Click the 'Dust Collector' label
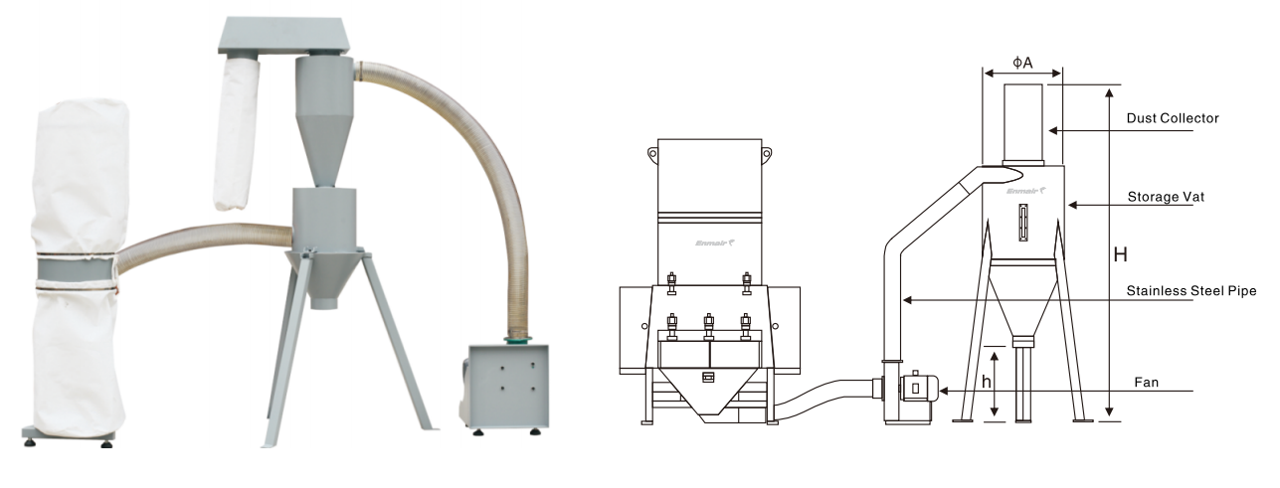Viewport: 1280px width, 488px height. point(1173,118)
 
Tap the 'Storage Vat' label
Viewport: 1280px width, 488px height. point(1166,197)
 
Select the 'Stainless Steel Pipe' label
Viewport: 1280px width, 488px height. point(1191,291)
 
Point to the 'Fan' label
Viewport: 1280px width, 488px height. point(1147,383)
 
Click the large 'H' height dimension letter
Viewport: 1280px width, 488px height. point(1121,254)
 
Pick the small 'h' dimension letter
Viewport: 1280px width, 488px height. point(987,382)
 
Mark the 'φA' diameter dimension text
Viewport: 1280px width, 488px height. point(1022,63)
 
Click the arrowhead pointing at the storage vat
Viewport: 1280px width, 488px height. point(1072,205)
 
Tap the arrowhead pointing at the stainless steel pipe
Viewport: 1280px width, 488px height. point(907,299)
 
